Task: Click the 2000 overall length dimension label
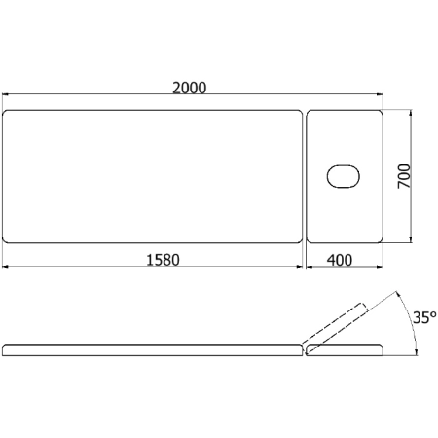click(189, 88)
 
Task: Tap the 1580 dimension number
click(163, 260)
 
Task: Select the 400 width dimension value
click(340, 260)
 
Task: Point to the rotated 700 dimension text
click(404, 176)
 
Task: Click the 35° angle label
click(424, 317)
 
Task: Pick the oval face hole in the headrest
click(344, 176)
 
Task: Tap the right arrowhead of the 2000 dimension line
click(380, 94)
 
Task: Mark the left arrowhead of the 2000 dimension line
click(6, 94)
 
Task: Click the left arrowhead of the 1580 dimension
click(6, 267)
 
